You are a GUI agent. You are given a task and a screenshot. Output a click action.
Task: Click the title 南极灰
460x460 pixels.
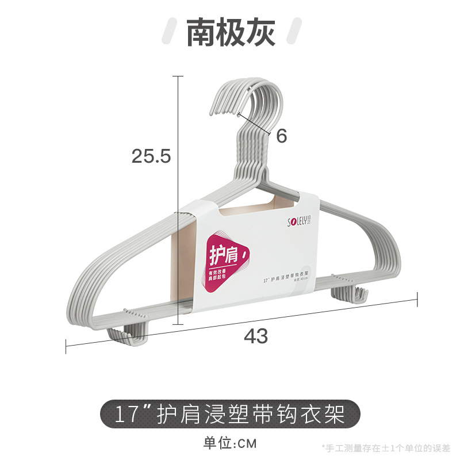click(231, 33)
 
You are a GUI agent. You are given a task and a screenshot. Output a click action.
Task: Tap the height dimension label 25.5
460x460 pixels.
click(151, 155)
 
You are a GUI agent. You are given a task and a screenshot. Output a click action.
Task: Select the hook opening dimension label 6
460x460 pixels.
click(281, 136)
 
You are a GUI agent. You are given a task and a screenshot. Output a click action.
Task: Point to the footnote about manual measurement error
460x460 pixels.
click(388, 447)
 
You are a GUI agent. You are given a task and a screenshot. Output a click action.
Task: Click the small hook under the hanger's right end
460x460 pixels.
click(351, 295)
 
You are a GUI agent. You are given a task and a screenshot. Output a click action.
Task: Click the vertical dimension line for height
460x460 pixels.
click(179, 201)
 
